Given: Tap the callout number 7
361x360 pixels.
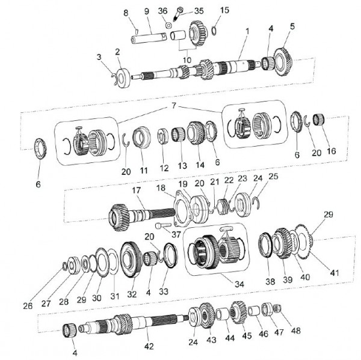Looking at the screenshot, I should (174, 106).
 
